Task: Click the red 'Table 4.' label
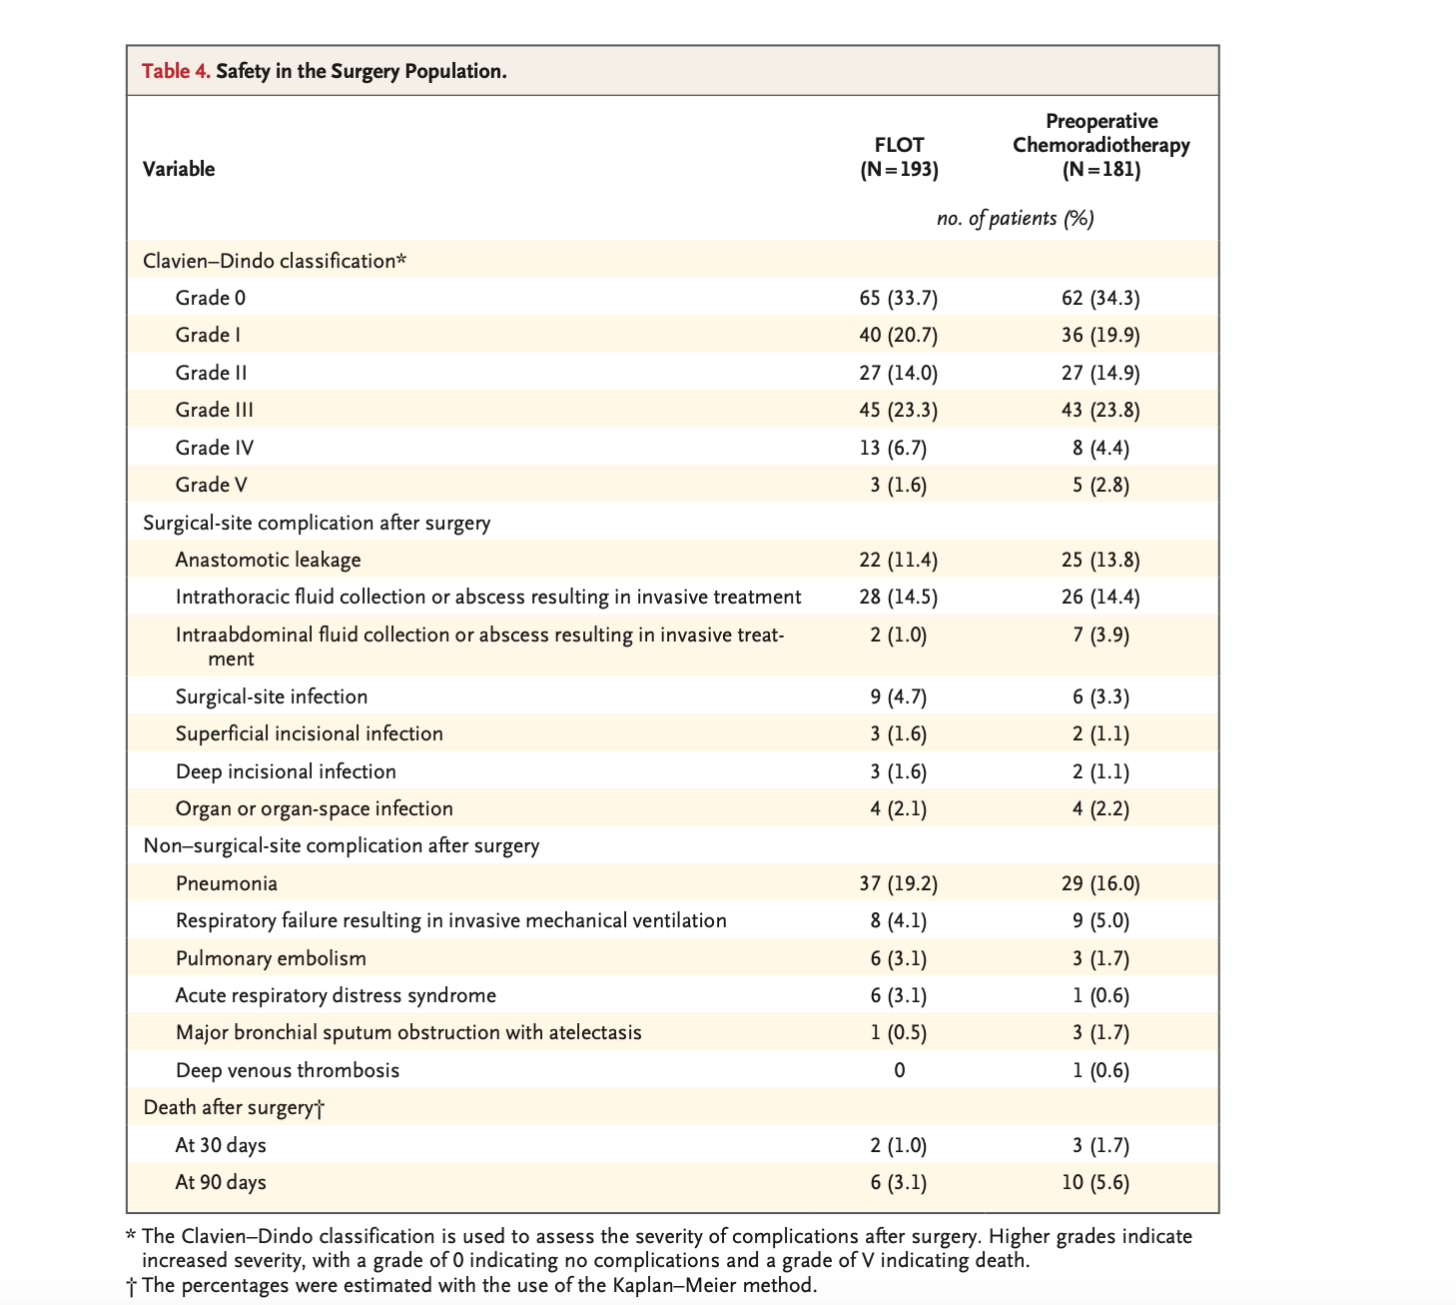(x=176, y=71)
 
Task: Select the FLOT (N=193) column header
(x=899, y=157)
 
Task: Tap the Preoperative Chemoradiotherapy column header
(x=1100, y=145)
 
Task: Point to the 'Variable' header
(x=179, y=169)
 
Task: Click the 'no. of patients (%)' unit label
(x=1015, y=219)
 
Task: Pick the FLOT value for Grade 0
(x=899, y=298)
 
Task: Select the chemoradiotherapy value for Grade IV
(x=1100, y=448)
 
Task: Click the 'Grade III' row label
(x=214, y=410)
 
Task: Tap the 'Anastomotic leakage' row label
(x=268, y=560)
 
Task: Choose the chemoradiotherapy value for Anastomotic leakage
(x=1100, y=560)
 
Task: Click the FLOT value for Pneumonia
(x=899, y=883)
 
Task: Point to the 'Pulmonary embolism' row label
(x=271, y=958)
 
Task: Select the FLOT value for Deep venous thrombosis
(x=899, y=1070)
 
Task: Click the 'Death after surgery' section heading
(x=234, y=1107)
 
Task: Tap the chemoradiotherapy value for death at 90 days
(x=1095, y=1182)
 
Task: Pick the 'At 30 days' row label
(x=221, y=1145)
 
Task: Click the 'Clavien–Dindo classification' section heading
(x=275, y=260)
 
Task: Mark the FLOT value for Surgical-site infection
(x=899, y=696)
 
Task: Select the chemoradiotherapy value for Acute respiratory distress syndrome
(x=1100, y=996)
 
